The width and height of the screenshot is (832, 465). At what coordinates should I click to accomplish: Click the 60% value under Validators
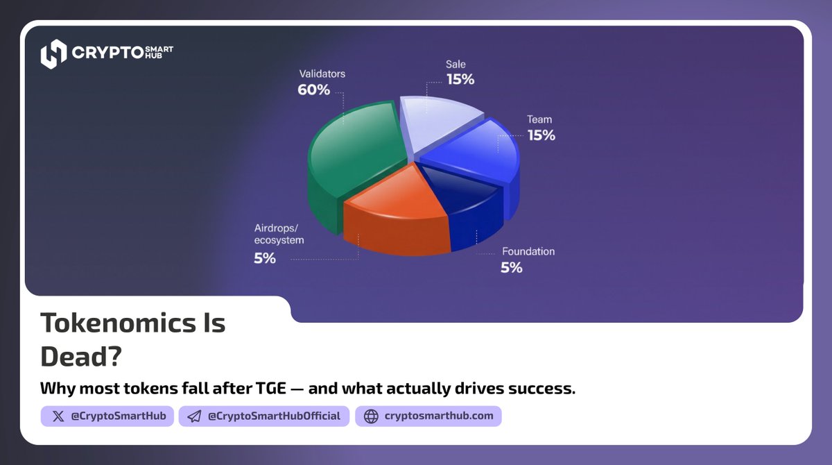313,90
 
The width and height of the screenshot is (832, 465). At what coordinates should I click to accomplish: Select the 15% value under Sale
460,80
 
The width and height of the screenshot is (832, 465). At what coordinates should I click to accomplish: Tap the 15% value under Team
541,135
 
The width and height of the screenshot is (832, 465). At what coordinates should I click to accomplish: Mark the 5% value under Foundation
512,267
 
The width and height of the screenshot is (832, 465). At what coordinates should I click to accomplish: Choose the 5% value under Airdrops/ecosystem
265,258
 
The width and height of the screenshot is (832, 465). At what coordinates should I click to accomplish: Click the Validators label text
322,73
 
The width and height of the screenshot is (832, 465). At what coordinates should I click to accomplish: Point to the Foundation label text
528,251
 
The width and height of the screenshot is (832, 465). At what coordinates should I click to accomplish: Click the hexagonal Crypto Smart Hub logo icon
53,54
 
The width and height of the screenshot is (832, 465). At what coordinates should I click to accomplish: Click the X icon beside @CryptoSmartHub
58,416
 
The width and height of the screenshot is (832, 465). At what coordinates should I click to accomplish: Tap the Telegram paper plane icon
195,416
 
